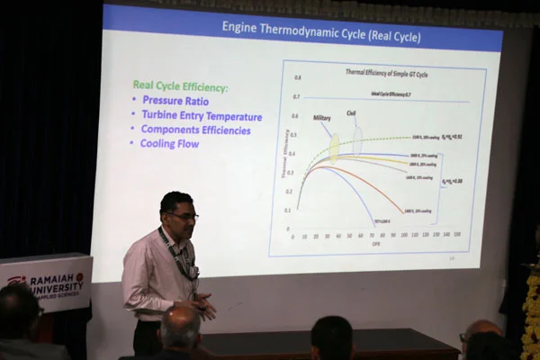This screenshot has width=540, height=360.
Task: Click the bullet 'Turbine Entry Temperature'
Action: click(202, 115)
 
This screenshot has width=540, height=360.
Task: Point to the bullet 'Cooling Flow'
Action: click(169, 143)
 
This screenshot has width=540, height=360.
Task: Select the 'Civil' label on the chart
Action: click(352, 113)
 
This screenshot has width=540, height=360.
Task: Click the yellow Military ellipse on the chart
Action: click(334, 146)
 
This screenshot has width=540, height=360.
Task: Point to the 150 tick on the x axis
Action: click(458, 234)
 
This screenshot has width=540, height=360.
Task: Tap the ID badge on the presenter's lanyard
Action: click(193, 272)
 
